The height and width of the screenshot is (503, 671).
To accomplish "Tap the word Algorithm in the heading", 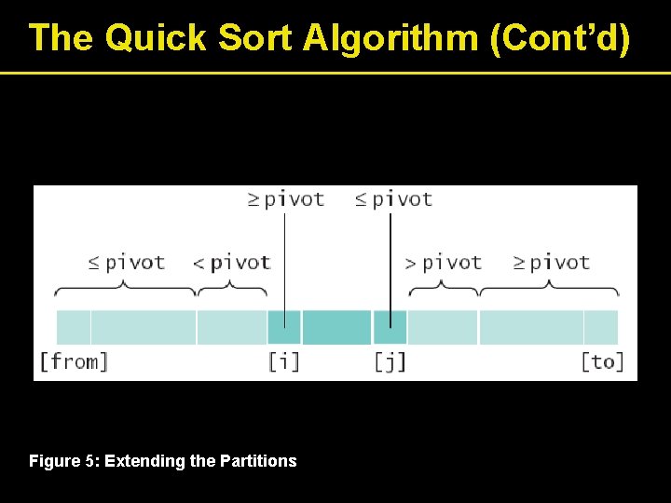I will pos(384,38).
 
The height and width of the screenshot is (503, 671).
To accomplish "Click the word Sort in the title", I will pos(255,38).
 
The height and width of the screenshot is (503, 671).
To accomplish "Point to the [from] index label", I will pos(74,361).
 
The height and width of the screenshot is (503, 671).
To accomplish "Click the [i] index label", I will pos(283,361).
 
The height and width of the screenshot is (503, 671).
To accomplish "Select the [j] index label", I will pos(390,361).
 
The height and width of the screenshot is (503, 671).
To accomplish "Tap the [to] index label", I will pos(601,361).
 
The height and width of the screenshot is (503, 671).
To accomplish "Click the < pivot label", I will pos(231,263).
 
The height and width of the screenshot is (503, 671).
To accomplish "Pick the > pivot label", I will pos(443,263).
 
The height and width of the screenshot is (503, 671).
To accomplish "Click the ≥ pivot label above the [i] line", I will pos(285,199).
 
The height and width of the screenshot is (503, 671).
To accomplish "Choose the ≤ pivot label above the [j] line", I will pos(393,199).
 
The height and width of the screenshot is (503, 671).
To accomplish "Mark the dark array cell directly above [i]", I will pos(283,328).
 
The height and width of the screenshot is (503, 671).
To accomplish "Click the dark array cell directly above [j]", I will pos(390,328).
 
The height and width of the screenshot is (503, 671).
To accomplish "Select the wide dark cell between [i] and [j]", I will pos(336,328).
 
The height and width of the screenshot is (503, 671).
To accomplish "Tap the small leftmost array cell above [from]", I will pos(74,328).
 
